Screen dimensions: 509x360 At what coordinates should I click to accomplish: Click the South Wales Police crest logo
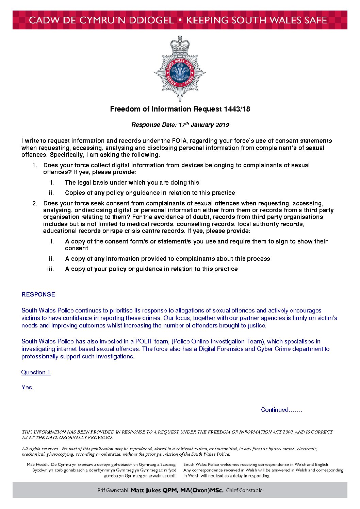click(180, 70)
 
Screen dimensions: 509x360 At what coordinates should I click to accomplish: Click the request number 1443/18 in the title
click(237, 109)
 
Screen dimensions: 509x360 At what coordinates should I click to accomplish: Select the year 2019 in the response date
click(222, 125)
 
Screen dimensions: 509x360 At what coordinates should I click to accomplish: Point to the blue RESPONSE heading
click(38, 294)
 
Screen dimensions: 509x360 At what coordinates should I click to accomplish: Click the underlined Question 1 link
click(36, 372)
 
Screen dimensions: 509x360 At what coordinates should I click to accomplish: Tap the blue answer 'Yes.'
click(27, 387)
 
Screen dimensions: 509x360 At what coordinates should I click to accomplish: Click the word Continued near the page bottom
click(275, 410)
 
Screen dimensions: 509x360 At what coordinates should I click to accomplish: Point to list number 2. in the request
click(35, 204)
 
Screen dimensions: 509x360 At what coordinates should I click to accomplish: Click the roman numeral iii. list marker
click(50, 269)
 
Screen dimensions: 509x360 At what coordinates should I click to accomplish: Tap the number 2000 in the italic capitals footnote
click(288, 432)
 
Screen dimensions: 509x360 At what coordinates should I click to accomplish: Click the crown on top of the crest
click(180, 44)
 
